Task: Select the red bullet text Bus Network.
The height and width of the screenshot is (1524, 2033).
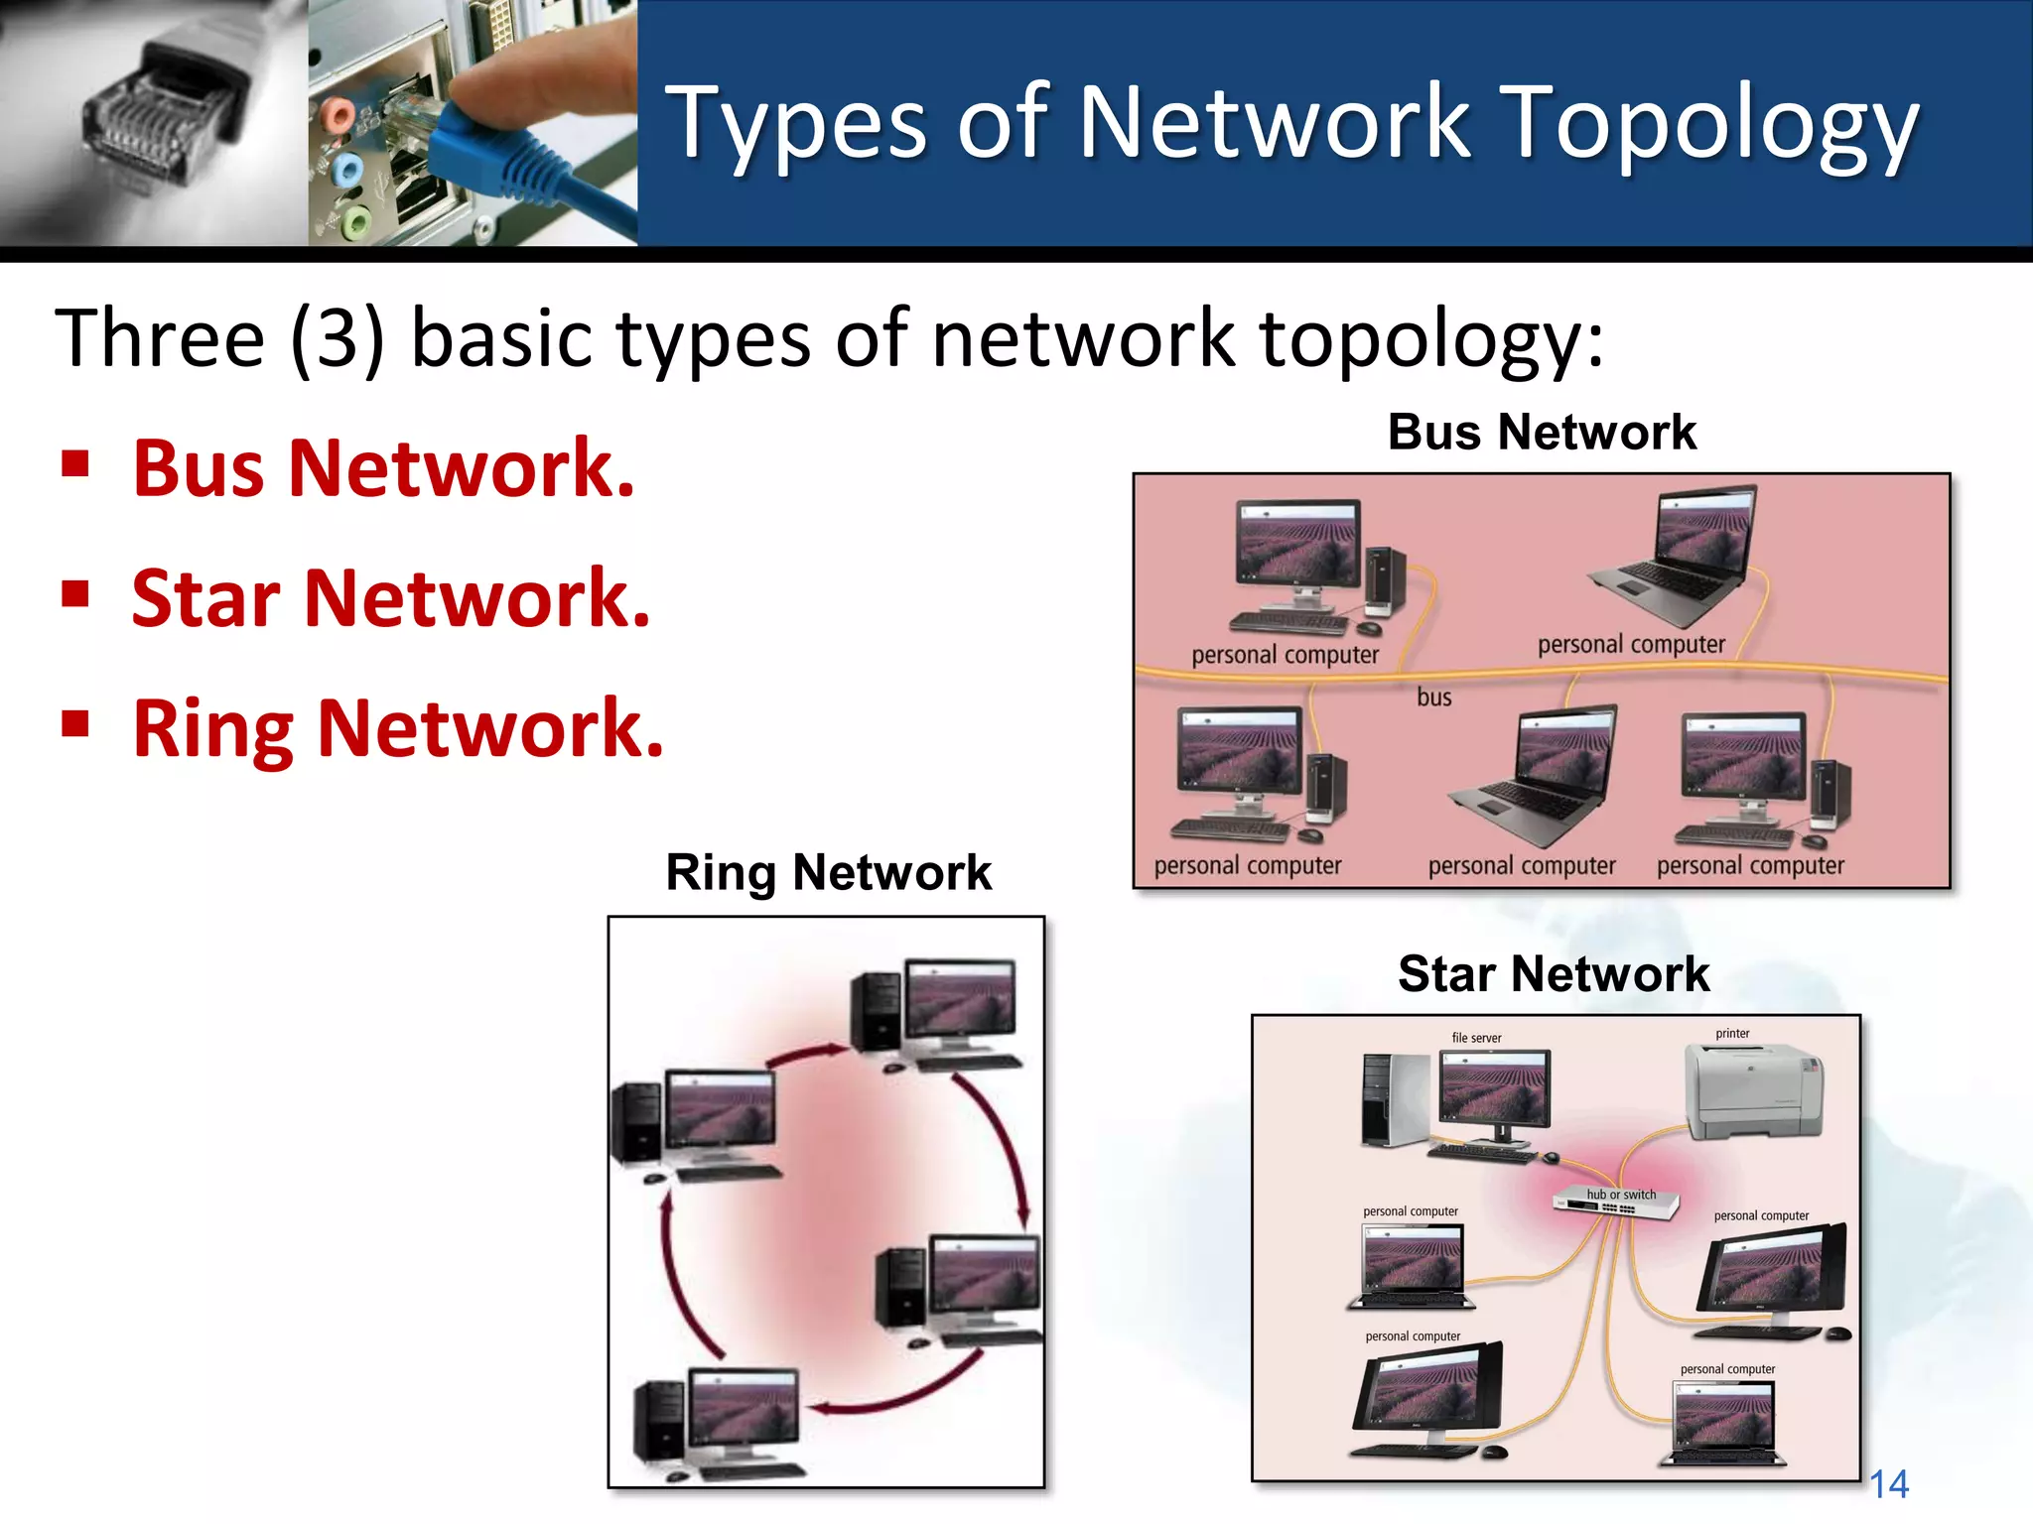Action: point(383,468)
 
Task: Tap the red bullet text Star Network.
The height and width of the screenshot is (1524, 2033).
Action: point(391,598)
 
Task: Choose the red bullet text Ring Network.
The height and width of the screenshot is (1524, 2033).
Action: point(397,728)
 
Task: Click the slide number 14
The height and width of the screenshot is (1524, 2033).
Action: point(1888,1484)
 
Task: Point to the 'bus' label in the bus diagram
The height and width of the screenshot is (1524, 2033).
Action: point(1433,698)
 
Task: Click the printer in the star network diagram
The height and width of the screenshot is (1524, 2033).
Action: point(1754,1091)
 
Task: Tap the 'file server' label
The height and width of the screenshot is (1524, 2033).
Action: point(1476,1038)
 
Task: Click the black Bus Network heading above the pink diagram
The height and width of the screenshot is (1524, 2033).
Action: point(1542,433)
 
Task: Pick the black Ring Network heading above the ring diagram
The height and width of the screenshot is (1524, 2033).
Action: point(828,873)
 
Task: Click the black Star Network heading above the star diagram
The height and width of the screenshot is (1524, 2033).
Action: point(1554,973)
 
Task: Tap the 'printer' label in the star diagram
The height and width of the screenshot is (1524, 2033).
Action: point(1732,1033)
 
